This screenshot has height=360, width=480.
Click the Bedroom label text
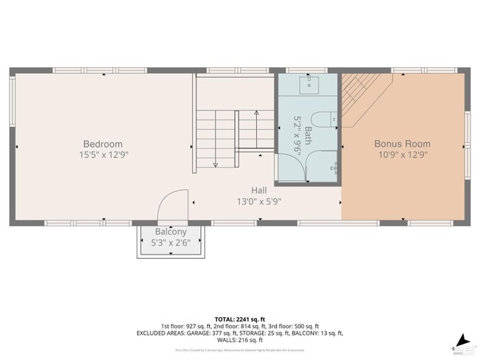(x=103, y=144)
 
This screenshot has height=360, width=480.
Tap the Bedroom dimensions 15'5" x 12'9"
(x=103, y=155)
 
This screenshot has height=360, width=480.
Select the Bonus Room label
(x=402, y=144)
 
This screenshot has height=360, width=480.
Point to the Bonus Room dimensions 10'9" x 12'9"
(x=402, y=155)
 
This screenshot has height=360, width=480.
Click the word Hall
(x=258, y=190)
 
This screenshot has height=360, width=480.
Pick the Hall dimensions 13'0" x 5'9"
(x=258, y=201)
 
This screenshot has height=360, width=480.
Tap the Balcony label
(x=171, y=232)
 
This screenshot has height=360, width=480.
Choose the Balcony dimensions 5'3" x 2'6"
(x=171, y=242)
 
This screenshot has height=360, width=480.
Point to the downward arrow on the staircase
(x=214, y=162)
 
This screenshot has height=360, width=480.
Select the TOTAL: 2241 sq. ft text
(x=239, y=319)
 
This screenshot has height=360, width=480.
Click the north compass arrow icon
(x=462, y=340)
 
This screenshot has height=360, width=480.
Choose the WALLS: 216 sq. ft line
(x=240, y=340)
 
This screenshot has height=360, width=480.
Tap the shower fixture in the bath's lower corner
(x=335, y=167)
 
